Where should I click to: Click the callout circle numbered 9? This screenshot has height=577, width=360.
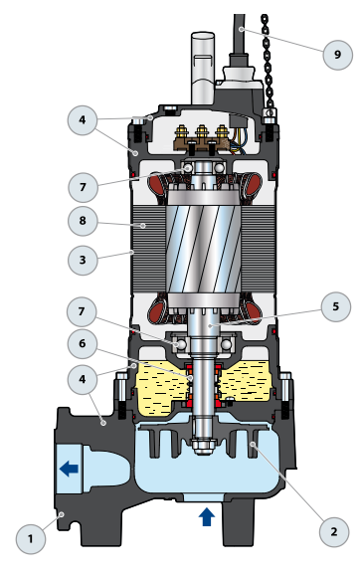(337, 55)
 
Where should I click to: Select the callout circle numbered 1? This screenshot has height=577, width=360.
(31, 539)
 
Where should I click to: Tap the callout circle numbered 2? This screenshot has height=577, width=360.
(334, 532)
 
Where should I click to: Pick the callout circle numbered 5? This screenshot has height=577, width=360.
(336, 306)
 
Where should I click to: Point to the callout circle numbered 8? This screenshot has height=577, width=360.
(83, 221)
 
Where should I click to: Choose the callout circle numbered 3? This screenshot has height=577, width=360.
(83, 260)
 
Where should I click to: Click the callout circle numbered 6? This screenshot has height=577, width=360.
(83, 343)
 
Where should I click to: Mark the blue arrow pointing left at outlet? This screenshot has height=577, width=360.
(70, 469)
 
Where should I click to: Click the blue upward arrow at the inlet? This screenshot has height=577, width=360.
(207, 516)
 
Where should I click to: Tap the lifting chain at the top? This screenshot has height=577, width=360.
(268, 61)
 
